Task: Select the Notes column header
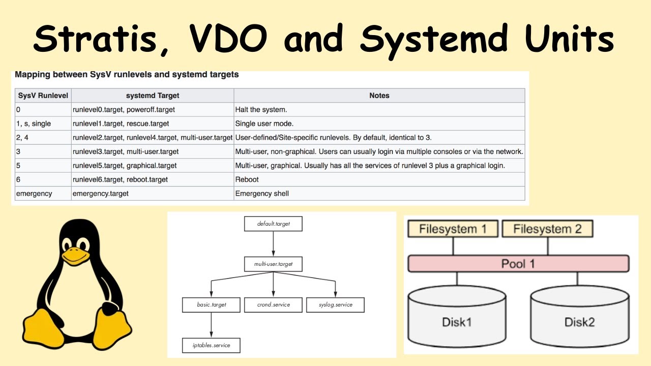(379, 96)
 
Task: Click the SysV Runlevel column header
(43, 96)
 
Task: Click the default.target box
(273, 224)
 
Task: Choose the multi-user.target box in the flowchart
(273, 264)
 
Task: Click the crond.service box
(274, 304)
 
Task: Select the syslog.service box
(335, 304)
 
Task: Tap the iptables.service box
(211, 345)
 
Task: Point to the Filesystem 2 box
(547, 229)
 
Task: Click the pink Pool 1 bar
(518, 264)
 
